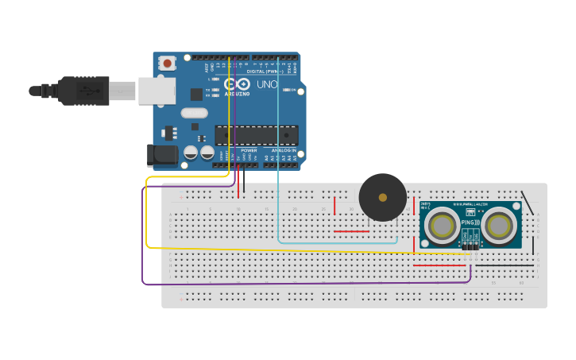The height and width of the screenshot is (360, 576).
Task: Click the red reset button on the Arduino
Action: [x=167, y=63]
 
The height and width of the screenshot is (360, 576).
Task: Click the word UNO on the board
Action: [x=267, y=84]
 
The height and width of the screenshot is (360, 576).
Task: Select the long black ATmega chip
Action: [x=256, y=135]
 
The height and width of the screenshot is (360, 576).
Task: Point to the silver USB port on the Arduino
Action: [x=157, y=91]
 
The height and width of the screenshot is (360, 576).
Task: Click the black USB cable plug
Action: [x=83, y=91]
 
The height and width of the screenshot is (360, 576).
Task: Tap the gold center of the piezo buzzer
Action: [x=383, y=197]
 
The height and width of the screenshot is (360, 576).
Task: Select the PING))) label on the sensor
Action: [x=470, y=223]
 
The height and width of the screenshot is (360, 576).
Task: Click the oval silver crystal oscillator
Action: [x=195, y=113]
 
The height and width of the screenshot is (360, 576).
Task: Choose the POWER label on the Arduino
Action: [x=249, y=150]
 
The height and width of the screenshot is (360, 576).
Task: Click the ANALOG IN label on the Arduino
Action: [x=284, y=150]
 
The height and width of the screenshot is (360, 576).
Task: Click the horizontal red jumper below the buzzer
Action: [x=351, y=231]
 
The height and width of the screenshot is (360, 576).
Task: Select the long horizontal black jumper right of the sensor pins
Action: [x=504, y=265]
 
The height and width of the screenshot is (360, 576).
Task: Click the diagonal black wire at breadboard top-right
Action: [x=527, y=203]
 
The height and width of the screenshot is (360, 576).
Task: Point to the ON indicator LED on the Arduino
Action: [x=287, y=90]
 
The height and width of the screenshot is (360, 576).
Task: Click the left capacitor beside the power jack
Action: [x=191, y=152]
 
